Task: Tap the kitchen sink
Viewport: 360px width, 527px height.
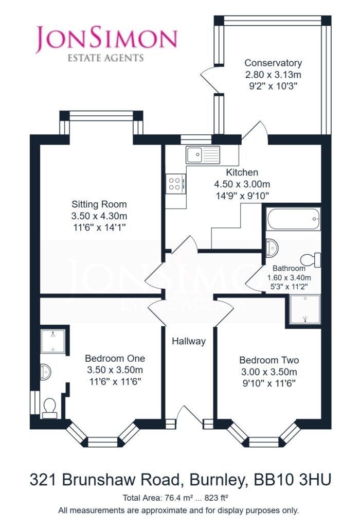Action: coord(203,155)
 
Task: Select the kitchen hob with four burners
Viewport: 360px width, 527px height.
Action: coord(176,184)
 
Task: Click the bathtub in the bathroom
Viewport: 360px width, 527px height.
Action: coord(294,219)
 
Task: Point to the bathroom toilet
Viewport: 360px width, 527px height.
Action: coord(310,260)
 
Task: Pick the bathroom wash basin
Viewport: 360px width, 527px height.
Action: coord(272,248)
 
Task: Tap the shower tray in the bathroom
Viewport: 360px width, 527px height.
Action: coord(305,309)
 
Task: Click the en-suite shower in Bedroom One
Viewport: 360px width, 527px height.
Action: coord(53,341)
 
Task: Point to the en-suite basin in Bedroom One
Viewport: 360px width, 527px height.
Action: coord(45,372)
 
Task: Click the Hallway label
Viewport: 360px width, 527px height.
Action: coord(189,341)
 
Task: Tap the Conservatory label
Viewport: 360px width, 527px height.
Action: coord(273,63)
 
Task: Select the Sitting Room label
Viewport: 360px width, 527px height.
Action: coord(99,204)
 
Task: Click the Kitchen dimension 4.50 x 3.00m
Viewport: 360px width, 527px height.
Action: coord(242,184)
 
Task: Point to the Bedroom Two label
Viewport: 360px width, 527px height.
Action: coord(269,360)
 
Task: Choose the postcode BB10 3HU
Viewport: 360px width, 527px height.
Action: coord(293,480)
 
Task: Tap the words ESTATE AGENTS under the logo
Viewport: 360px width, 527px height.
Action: coord(106,58)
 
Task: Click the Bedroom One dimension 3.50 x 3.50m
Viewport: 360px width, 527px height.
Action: coord(115,370)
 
